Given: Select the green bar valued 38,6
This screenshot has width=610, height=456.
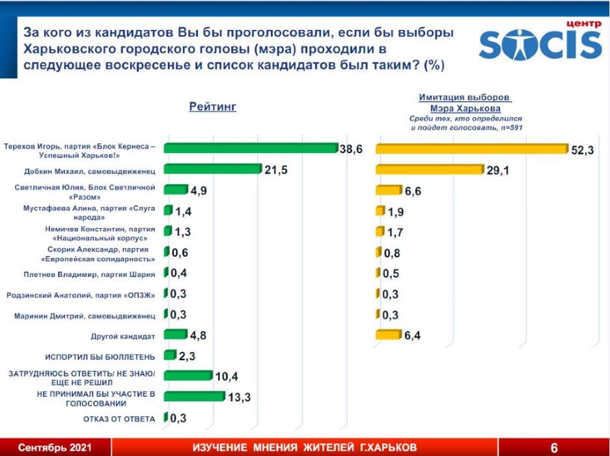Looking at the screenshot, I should [x=250, y=148].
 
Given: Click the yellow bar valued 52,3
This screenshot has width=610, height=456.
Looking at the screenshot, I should [x=471, y=149].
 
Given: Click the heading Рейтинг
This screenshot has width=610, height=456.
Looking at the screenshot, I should [x=212, y=107].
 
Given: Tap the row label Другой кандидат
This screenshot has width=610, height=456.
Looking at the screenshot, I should [x=123, y=336].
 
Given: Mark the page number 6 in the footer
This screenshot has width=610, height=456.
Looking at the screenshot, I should [x=554, y=448].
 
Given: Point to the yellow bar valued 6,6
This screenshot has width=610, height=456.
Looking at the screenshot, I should [x=388, y=190].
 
